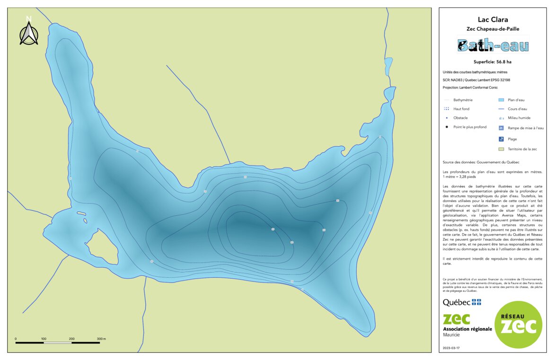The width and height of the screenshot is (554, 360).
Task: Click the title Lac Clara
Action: click(493, 20)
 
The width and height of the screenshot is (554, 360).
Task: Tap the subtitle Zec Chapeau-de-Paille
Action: click(493, 29)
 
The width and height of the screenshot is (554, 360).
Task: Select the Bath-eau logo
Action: click(493, 45)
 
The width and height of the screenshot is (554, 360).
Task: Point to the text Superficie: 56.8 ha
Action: click(492, 62)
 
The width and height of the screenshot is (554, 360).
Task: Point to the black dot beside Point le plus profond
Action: click(447, 127)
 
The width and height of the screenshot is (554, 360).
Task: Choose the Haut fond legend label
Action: click(461, 109)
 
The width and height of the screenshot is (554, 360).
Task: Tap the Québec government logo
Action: click(462, 302)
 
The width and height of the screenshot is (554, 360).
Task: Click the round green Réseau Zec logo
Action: click(519, 325)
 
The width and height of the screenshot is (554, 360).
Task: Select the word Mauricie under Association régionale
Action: click(451, 335)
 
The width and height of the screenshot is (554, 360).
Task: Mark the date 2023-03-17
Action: click(451, 348)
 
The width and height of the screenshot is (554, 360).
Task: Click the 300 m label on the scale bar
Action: click(101, 339)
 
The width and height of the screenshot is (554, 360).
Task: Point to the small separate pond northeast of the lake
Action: click(388, 66)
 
